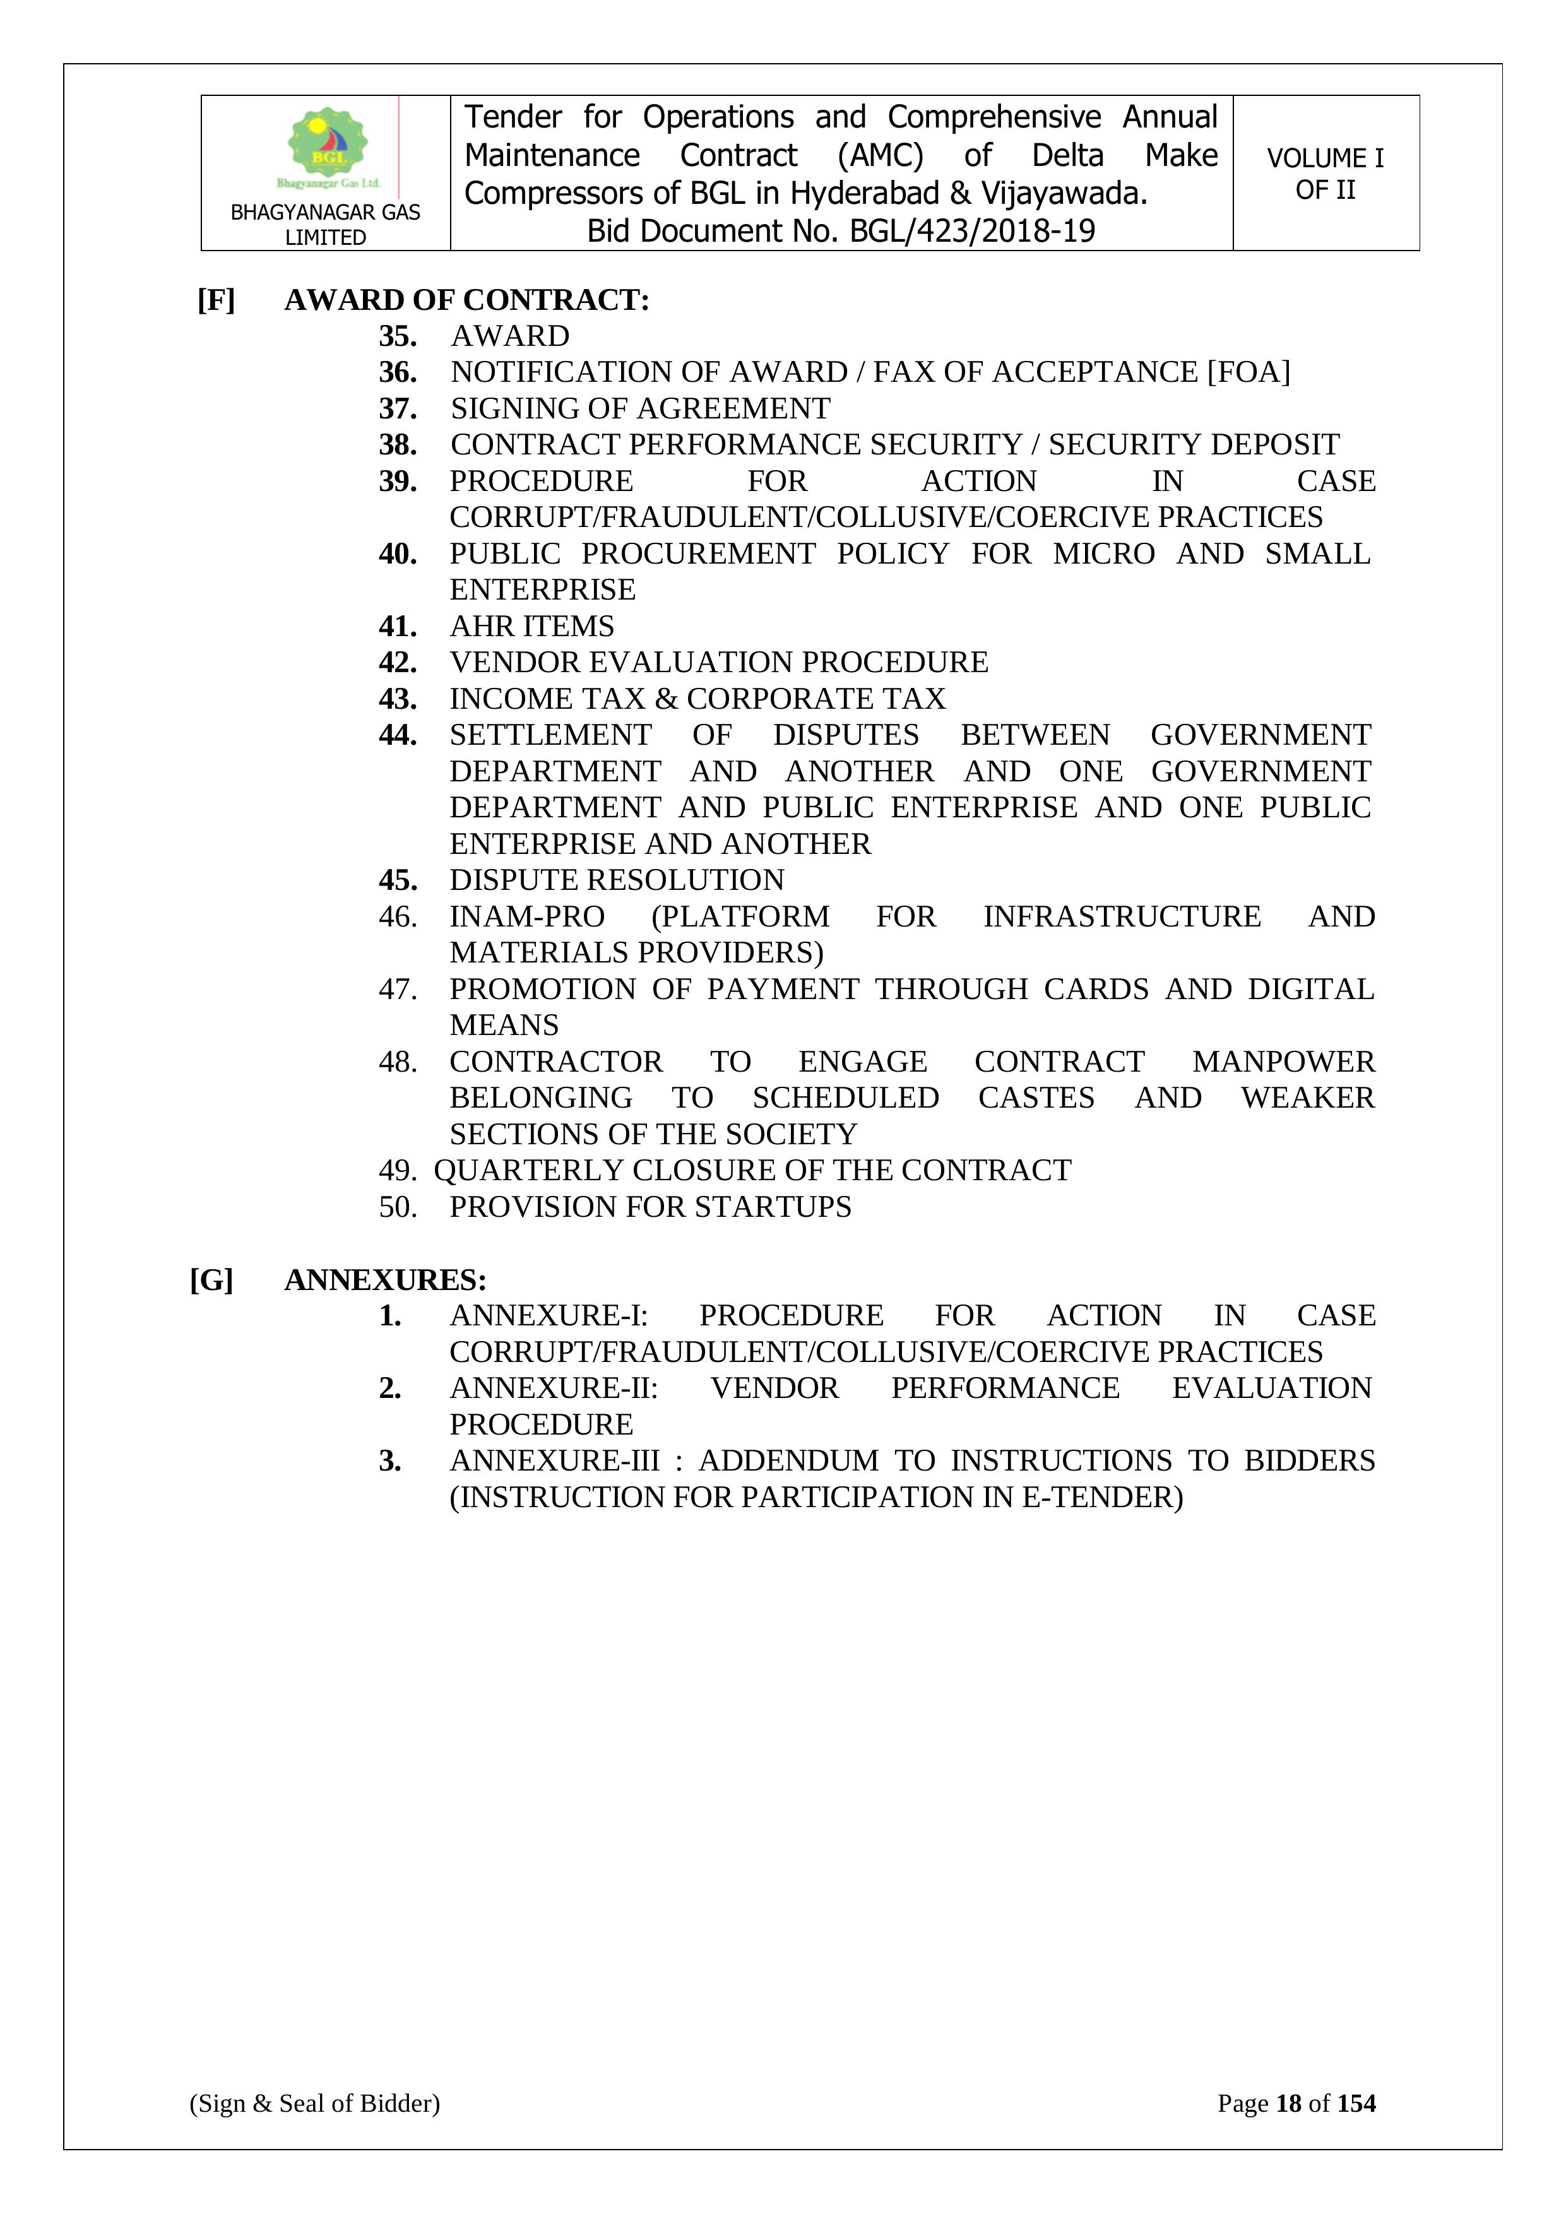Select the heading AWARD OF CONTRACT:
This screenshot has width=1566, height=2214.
466,300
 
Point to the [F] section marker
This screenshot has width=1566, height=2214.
216,300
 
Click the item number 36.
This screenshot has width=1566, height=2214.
397,372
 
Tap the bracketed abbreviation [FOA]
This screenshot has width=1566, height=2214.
1248,372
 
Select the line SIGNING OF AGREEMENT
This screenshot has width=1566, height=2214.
640,409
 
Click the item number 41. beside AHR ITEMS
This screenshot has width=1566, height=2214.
397,627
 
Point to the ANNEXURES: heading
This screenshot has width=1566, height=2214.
385,1281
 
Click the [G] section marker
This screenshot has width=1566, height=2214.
212,1281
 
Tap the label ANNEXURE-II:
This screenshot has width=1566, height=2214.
554,1388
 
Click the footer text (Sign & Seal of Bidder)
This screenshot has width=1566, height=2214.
314,2103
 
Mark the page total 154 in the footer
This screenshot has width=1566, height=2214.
1356,2103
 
